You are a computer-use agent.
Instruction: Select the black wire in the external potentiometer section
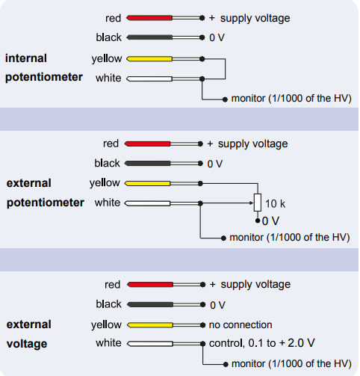pos(164,164)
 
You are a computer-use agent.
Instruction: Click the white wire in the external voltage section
pos(167,344)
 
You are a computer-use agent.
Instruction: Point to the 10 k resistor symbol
pos(258,203)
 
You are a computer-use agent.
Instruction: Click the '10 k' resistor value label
pos(275,203)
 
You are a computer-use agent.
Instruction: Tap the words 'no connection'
pos(240,324)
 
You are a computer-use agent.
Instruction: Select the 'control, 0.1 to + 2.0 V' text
pos(262,343)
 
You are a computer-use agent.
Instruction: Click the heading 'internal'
pos(26,58)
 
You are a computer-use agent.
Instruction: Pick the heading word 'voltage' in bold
pos(27,344)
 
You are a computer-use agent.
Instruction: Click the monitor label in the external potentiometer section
pos(290,238)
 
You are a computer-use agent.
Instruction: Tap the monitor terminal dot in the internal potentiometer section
pos(225,99)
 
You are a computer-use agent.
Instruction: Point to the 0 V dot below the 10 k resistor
pos(258,221)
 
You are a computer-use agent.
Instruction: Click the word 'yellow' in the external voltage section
pos(106,324)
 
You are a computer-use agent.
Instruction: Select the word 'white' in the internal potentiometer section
pos(108,78)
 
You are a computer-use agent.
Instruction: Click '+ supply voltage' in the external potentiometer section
pos(247,144)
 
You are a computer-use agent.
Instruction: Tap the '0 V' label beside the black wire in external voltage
pos(217,305)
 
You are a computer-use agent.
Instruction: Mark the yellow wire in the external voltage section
pos(167,325)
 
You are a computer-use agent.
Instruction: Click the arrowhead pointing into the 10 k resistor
pos(252,203)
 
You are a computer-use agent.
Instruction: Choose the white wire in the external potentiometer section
pos(164,203)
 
